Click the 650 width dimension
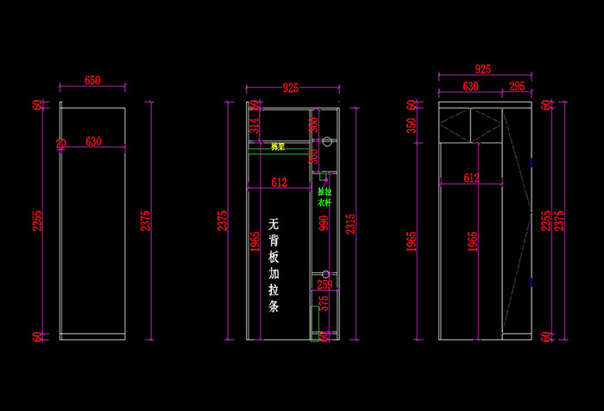tap(92, 80)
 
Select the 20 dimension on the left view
tap(60, 143)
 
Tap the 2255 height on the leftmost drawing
tap(37, 221)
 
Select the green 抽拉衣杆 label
tap(324, 197)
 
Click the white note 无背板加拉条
tap(274, 267)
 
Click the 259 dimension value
tap(324, 284)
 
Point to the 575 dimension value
tap(324, 304)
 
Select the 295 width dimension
tap(516, 86)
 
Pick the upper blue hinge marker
tap(532, 160)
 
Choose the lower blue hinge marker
tap(532, 282)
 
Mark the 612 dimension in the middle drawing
tap(279, 182)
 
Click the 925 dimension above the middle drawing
tap(291, 88)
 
